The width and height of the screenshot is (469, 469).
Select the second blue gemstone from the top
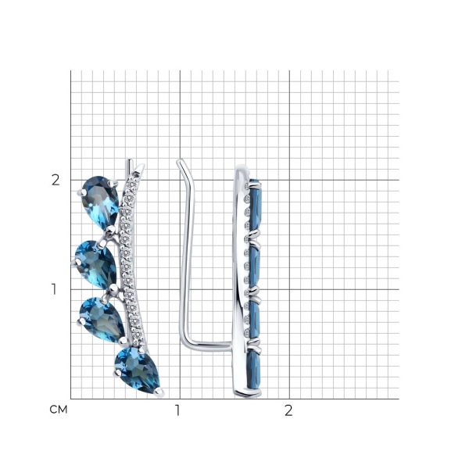(x=95, y=264)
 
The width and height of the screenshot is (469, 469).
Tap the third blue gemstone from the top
(x=102, y=319)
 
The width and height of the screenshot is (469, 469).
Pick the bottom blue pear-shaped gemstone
(x=138, y=370)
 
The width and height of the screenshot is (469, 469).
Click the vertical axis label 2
(x=55, y=180)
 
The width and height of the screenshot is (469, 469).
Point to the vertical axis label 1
(x=54, y=289)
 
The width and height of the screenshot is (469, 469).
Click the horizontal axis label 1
(x=177, y=410)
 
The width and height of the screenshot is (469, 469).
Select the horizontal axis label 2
(x=288, y=410)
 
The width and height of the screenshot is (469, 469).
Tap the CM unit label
(x=59, y=410)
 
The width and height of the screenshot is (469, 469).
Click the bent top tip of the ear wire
(x=180, y=161)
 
